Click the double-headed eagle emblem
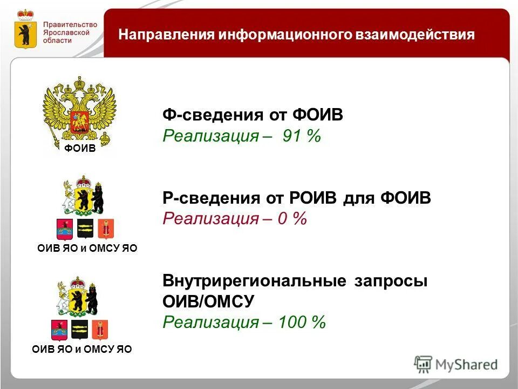[x=79, y=111]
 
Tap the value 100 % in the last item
[x=302, y=323]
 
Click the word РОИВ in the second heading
[x=309, y=198]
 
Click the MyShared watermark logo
[x=456, y=364]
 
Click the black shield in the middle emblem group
[x=85, y=228]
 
